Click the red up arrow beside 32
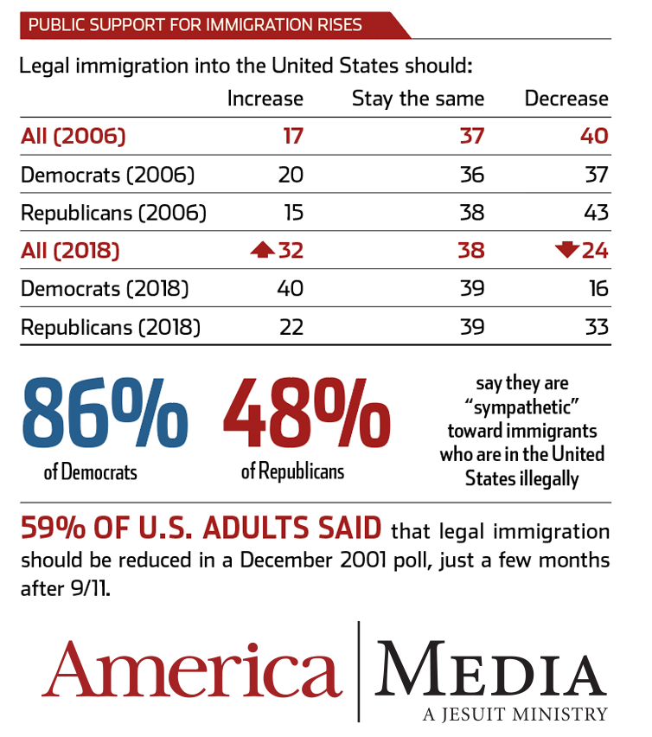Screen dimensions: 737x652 click(262, 251)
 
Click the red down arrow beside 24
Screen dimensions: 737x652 click(567, 251)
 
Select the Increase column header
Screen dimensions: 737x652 click(265, 99)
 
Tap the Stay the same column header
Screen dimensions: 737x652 click(418, 99)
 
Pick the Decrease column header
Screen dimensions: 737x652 click(566, 99)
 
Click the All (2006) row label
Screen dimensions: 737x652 click(74, 136)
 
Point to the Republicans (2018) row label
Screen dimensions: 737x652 click(111, 327)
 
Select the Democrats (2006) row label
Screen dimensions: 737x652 click(107, 175)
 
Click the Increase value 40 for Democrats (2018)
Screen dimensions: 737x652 click(290, 289)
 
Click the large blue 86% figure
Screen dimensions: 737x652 click(105, 413)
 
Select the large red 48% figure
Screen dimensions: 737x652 click(307, 413)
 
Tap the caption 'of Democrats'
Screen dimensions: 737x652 click(90, 473)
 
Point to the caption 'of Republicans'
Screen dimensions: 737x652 click(292, 472)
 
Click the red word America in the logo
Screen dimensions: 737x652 click(192, 671)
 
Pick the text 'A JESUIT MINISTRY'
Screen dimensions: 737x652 click(515, 715)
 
